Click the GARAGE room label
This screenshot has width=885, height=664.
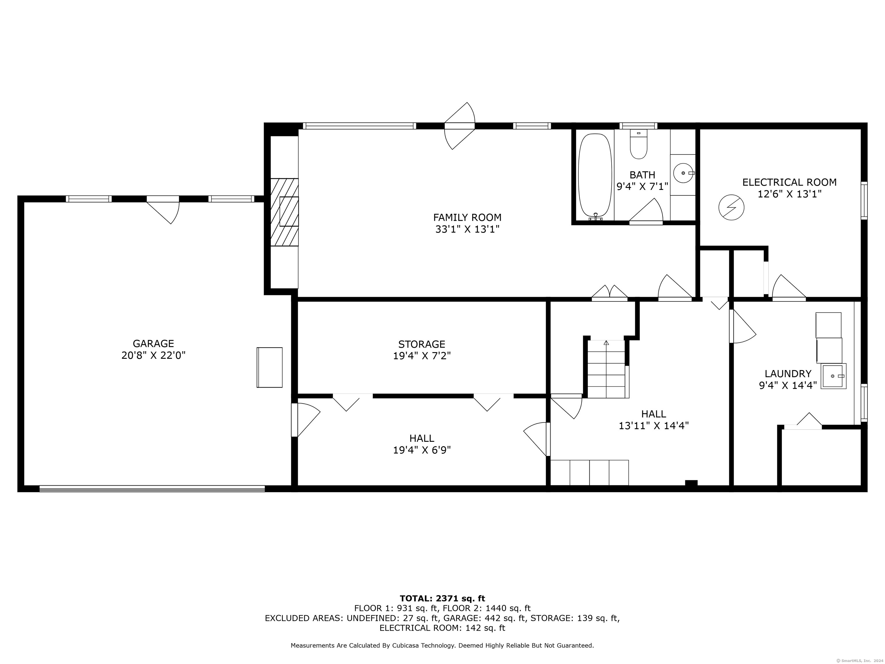[x=153, y=344]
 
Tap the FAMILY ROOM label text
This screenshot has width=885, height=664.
[x=467, y=217]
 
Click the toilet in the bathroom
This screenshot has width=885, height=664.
[x=639, y=144]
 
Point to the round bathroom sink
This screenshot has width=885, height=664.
[x=684, y=173]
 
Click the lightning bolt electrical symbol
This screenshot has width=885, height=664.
[x=731, y=207]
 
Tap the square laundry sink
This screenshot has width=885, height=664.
[x=833, y=376]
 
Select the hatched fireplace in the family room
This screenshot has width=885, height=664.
[x=284, y=212]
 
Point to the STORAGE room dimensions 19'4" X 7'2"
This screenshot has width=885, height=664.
[x=422, y=356]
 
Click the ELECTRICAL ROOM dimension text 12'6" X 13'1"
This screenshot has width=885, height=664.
[x=789, y=194]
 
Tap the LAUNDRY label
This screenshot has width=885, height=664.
[x=788, y=373]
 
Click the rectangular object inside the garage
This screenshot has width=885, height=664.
[x=269, y=367]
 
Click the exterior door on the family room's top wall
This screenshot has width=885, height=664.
[x=460, y=126]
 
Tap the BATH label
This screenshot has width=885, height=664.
[x=642, y=175]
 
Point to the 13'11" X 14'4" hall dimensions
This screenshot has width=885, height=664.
[x=653, y=425]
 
